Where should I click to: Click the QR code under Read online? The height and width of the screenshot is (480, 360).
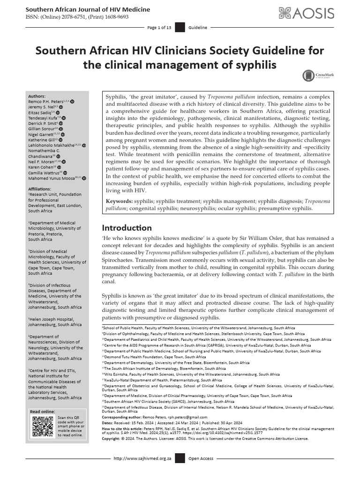click(43, 426)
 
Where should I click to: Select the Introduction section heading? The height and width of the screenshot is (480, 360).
click(127, 228)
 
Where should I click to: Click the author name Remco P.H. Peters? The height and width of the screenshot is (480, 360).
click(46, 101)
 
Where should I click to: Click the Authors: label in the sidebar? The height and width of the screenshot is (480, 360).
click(37, 95)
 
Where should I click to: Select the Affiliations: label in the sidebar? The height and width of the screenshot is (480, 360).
click(40, 188)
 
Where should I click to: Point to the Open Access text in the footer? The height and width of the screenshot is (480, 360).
click(201, 458)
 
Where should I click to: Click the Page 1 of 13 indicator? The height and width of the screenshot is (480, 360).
click(159, 28)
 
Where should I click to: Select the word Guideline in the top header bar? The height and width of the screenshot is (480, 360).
click(197, 28)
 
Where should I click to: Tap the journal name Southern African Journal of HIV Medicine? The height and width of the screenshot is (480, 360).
click(88, 9)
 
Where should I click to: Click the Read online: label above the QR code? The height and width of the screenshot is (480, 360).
click(42, 412)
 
